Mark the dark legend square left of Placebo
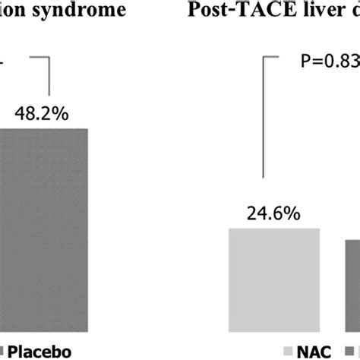(4, 350)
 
